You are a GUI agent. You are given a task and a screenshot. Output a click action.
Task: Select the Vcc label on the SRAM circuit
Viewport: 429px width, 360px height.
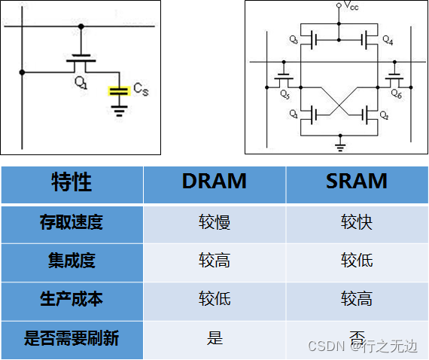[351, 7]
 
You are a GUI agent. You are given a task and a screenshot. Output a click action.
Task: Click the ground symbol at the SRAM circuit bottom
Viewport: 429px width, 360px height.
[340, 142]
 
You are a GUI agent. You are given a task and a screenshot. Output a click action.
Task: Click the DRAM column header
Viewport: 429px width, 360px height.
[214, 182]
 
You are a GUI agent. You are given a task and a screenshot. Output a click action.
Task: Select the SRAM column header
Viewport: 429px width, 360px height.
[357, 182]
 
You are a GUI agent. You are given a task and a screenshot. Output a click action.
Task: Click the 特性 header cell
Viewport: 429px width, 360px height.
[71, 182]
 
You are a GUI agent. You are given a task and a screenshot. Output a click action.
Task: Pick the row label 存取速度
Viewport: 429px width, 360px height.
[71, 222]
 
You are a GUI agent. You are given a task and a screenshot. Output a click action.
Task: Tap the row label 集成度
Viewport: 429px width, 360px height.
[71, 261]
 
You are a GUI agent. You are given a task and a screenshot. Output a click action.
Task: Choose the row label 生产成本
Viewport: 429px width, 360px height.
[71, 299]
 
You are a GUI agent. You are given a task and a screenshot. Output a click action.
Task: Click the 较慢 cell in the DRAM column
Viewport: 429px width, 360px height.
[214, 222]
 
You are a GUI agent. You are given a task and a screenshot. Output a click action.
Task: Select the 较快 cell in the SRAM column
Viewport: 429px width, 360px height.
[357, 222]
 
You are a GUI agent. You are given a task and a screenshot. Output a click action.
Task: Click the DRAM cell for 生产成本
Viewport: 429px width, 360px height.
[214, 299]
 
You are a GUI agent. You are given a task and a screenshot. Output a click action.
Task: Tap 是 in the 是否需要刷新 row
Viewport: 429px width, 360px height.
[214, 338]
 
